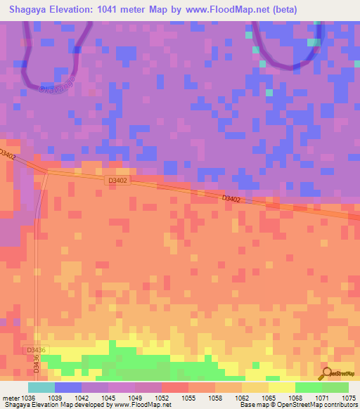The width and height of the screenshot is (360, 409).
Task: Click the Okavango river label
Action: (x=57, y=86)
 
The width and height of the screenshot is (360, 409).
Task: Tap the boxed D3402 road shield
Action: (x=117, y=181)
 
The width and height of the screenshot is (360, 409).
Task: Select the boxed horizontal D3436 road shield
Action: (x=37, y=349)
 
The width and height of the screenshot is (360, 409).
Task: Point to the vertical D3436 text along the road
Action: (x=37, y=367)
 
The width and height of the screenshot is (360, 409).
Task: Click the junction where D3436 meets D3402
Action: (x=47, y=170)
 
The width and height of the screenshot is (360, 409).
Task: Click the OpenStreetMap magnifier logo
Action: (x=326, y=375)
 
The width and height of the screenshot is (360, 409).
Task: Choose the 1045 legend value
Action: (x=108, y=398)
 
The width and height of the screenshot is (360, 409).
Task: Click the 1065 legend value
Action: (x=269, y=398)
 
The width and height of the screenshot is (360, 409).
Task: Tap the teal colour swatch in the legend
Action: (x=41, y=387)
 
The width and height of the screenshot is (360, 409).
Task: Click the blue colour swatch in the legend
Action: (x=68, y=387)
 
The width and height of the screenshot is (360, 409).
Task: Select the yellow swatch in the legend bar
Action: (x=282, y=387)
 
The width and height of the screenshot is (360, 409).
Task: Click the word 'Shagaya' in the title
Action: (x=31, y=10)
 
